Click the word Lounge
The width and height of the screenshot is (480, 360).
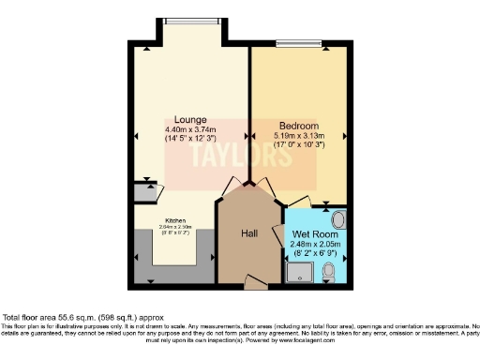pyautogui.click(x=190, y=119)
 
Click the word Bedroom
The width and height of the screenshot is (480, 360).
pyautogui.click(x=299, y=126)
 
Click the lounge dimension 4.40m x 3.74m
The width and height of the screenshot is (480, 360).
pyautogui.click(x=190, y=129)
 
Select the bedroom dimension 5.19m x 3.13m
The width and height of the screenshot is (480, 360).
pyautogui.click(x=299, y=136)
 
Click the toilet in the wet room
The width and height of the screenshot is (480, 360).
pyautogui.click(x=328, y=272)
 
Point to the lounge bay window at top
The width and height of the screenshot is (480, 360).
pyautogui.click(x=191, y=18)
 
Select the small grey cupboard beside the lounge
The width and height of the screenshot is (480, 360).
pyautogui.click(x=145, y=193)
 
